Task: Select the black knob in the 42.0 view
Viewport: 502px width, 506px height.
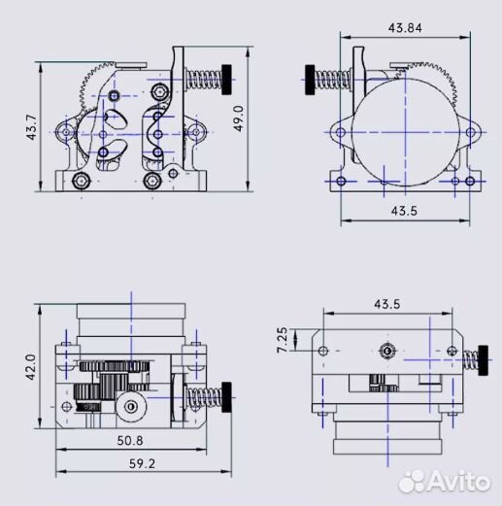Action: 229,392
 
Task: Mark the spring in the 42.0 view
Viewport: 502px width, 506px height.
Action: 205,394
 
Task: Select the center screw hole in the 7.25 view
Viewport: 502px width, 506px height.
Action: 387,348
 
